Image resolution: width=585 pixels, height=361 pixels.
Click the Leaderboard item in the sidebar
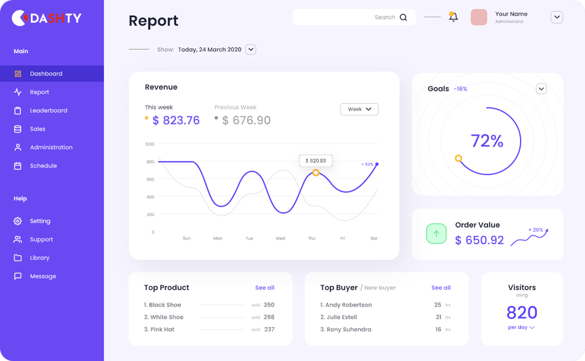pos(48,110)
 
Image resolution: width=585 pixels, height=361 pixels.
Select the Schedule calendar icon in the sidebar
pos(18,166)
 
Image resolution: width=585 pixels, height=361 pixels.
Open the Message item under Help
pos(43,276)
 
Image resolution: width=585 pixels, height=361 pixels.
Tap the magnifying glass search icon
pos(404,18)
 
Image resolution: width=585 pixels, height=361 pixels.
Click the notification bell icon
pos(453,17)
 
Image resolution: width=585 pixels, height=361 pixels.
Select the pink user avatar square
pos(479,18)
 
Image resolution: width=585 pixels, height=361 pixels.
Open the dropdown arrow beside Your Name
pos(557,18)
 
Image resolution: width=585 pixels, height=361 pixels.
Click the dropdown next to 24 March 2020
pos(250,49)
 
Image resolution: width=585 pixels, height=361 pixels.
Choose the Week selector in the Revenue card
pos(359,109)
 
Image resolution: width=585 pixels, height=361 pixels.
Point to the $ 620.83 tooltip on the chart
pos(316,160)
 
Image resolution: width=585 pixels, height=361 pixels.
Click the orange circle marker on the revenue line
pos(316,173)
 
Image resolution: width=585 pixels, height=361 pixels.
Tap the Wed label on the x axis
pos(281,238)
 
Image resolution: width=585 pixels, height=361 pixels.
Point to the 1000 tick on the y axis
pos(150,144)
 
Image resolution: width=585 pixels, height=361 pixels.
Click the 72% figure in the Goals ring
pos(487,141)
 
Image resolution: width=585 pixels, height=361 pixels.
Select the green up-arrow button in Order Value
pos(436,234)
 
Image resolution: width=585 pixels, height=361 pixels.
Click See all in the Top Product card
pos(265,287)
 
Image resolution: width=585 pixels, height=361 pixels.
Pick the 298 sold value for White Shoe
pos(269,317)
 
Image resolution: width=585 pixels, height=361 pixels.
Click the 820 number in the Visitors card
pos(522,312)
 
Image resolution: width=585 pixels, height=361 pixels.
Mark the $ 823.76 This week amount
pos(176,120)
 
